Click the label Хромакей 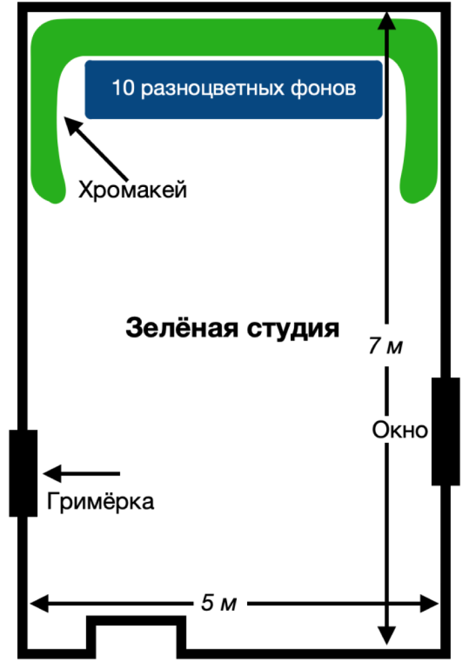132,190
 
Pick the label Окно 399,430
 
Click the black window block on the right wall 445,431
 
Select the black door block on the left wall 23,473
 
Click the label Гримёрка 100,501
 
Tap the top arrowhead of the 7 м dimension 387,21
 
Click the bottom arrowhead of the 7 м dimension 387,634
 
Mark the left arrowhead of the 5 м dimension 38,603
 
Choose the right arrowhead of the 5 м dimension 430,603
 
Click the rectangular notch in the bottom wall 136,634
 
